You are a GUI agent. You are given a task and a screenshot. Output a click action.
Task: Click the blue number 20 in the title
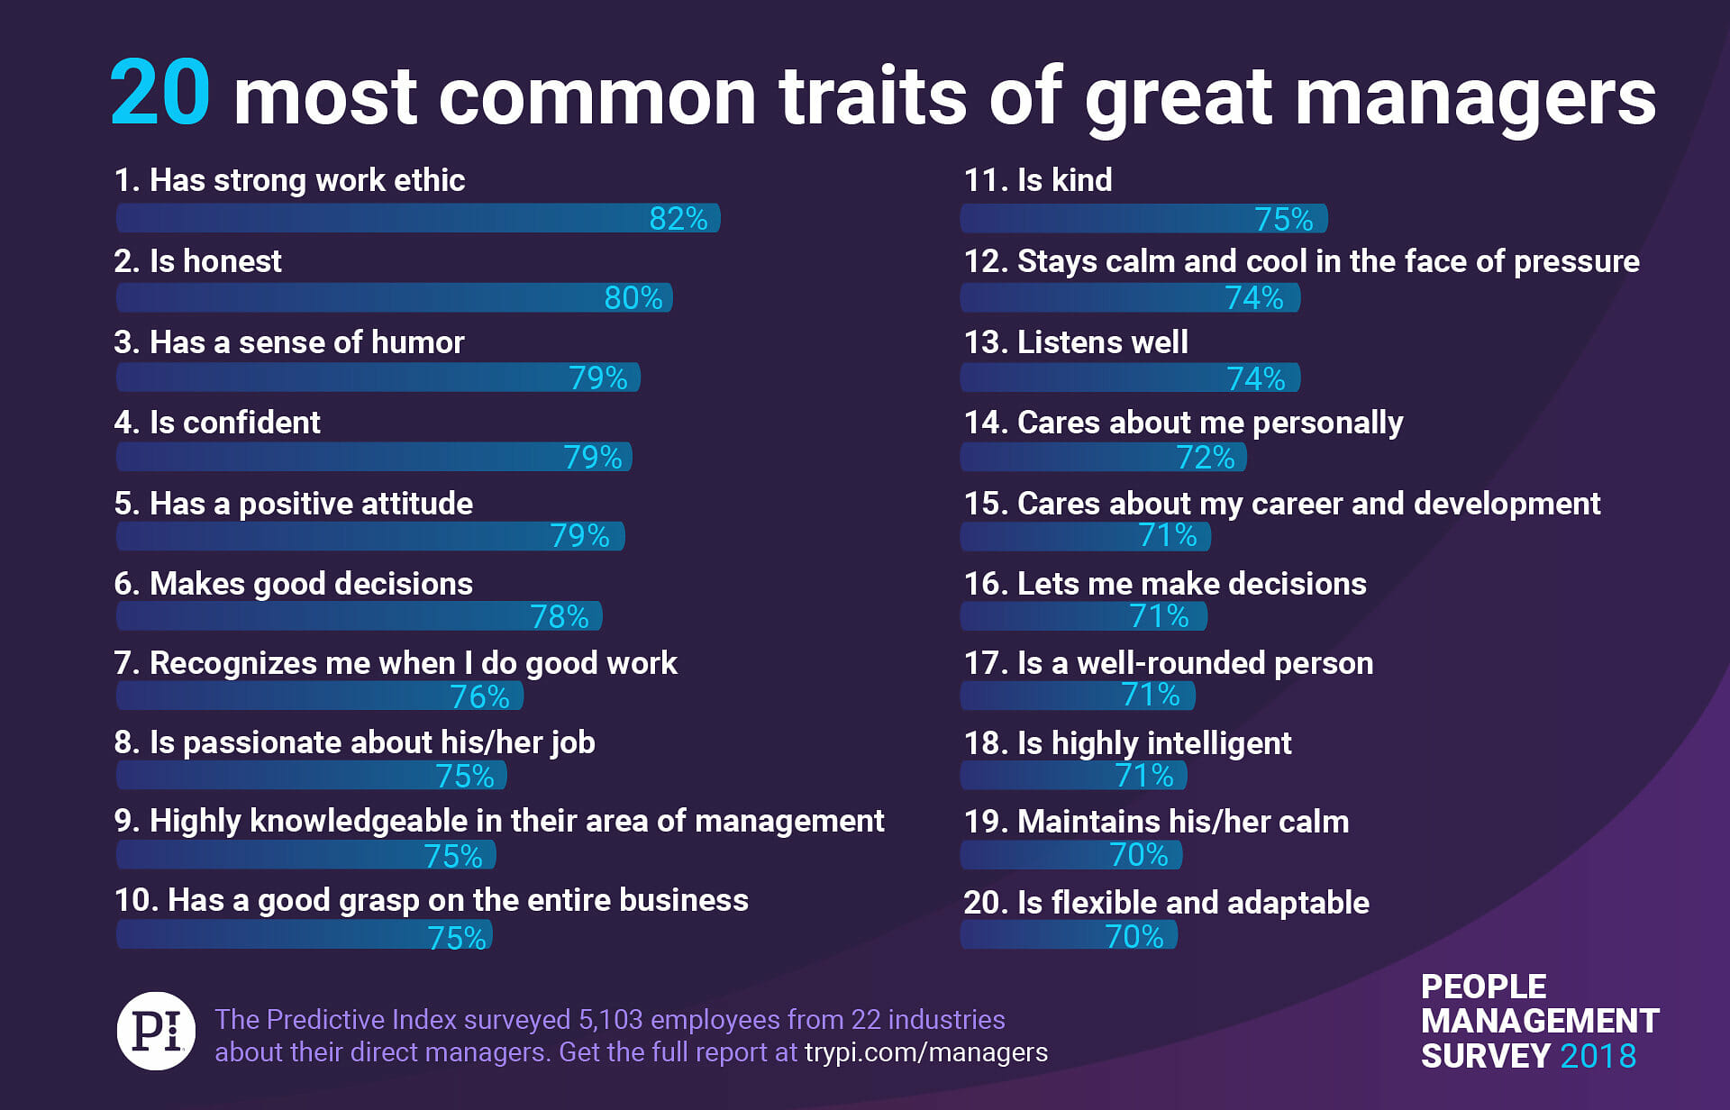pyautogui.click(x=160, y=94)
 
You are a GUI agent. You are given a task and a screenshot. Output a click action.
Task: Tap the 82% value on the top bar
pyautogui.click(x=678, y=219)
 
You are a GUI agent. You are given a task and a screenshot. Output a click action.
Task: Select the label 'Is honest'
pyautogui.click(x=197, y=261)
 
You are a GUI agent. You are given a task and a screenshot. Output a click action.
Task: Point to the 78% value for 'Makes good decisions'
pyautogui.click(x=559, y=617)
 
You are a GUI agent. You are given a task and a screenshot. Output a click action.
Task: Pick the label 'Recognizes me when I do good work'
pyautogui.click(x=396, y=663)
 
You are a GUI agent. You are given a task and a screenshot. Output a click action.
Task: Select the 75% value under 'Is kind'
pyautogui.click(x=1283, y=219)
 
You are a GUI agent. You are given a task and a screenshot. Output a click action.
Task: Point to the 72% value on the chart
pyautogui.click(x=1205, y=458)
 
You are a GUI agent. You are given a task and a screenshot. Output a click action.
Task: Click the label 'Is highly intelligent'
pyautogui.click(x=1127, y=743)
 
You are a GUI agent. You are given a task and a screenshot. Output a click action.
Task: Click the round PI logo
pyautogui.click(x=157, y=1031)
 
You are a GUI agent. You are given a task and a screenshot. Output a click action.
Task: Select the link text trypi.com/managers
pyautogui.click(x=925, y=1052)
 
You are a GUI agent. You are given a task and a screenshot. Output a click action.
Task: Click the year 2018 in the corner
pyautogui.click(x=1598, y=1056)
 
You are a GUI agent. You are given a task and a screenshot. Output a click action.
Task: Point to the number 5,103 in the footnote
pyautogui.click(x=610, y=1019)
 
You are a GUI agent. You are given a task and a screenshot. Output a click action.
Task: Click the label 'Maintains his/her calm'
pyautogui.click(x=1156, y=822)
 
